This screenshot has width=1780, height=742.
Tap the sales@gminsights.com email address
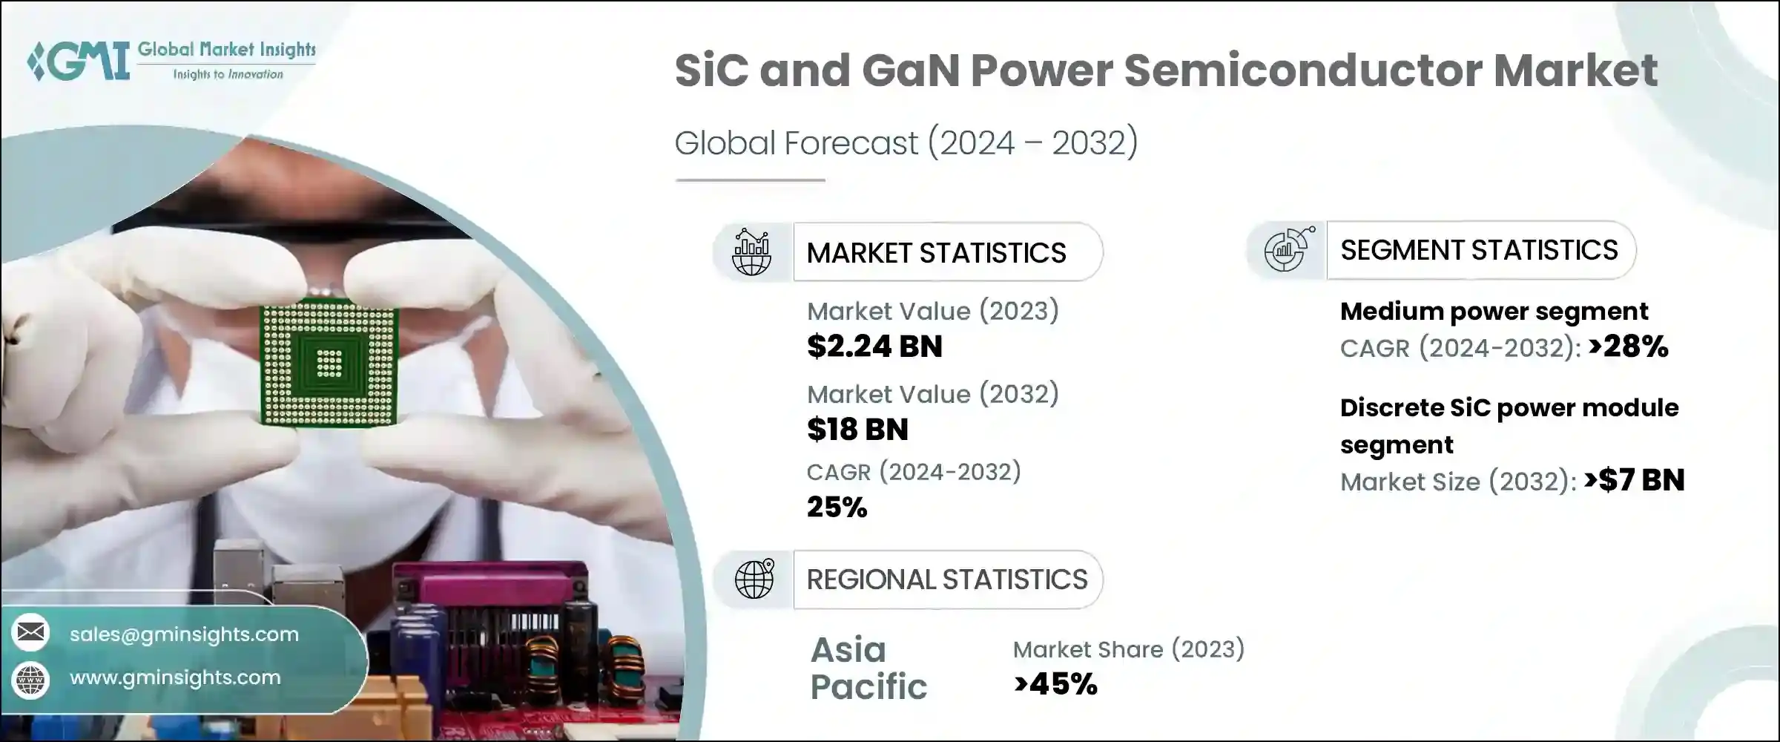(184, 634)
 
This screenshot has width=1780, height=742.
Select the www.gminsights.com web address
(175, 677)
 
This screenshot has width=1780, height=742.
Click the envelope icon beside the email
(30, 632)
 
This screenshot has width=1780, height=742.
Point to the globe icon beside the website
(30, 679)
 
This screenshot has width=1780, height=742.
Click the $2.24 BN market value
(874, 347)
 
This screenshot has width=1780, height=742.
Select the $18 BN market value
(857, 430)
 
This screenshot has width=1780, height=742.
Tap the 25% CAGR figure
(837, 508)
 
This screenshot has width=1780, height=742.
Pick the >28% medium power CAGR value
(1628, 347)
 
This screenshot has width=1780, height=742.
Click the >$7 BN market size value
(1634, 481)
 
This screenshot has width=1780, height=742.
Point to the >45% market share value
(1055, 684)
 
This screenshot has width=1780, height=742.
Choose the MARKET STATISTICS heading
(936, 253)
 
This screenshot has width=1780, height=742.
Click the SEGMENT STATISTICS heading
(1479, 250)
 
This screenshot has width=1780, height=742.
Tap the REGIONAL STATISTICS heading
(947, 580)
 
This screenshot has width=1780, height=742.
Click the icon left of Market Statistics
(752, 252)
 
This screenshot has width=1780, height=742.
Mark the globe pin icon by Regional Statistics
(754, 579)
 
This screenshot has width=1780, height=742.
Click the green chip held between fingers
(329, 363)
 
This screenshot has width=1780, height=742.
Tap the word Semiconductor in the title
(1302, 70)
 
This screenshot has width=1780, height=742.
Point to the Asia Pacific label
(868, 668)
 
